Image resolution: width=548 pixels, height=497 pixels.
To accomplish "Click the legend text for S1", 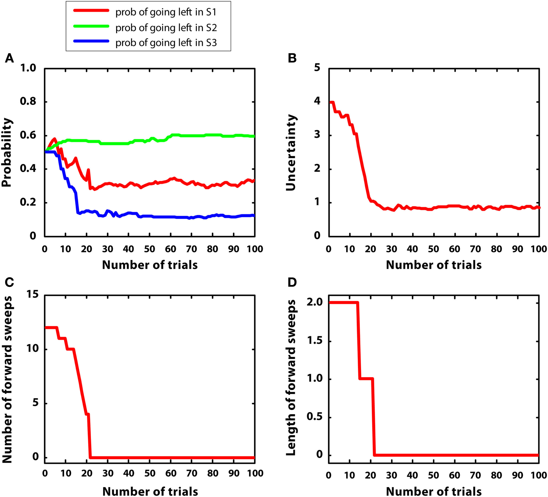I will click(166, 12).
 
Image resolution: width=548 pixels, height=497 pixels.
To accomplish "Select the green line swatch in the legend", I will click(91, 26).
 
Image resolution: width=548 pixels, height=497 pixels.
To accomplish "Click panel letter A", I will click(9, 58).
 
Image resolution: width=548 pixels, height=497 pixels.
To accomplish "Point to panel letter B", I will click(292, 58).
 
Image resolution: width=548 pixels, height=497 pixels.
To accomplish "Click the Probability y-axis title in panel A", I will click(7, 152).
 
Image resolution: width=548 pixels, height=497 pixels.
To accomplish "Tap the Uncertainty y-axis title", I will click(291, 152).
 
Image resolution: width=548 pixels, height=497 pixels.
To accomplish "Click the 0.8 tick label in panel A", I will click(28, 102).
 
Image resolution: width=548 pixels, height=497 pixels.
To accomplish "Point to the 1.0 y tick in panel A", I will click(28, 68).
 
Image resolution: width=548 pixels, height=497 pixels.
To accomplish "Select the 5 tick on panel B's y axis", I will click(317, 68).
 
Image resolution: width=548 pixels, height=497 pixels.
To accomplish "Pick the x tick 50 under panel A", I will click(149, 249).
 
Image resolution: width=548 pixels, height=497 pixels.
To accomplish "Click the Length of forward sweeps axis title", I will click(291, 378).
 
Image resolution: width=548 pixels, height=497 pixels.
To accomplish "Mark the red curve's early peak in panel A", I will click(55, 139).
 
